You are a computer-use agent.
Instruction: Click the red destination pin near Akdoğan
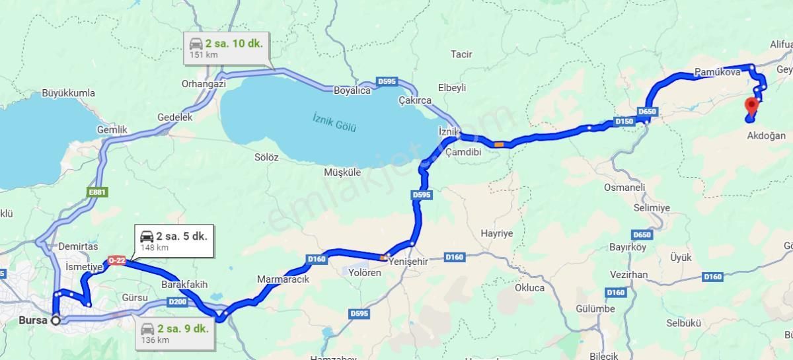coord(751,106)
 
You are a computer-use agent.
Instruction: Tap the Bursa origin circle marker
coord(56,320)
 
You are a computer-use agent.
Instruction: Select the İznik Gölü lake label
coord(334,122)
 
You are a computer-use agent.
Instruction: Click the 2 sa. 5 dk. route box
coord(174,240)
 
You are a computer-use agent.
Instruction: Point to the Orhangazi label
coord(204,84)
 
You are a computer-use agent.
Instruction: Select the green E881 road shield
coord(98,193)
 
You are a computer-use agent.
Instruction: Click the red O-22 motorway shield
coord(116,261)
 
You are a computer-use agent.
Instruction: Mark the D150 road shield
coord(624,122)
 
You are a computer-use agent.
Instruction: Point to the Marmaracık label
coord(283,279)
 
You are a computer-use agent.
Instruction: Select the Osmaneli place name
coord(624,188)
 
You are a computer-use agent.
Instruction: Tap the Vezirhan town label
coord(628,274)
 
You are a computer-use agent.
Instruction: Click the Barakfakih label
coord(184,285)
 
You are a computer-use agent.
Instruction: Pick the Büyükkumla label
coord(68,93)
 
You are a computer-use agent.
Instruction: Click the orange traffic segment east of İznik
coord(499,143)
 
